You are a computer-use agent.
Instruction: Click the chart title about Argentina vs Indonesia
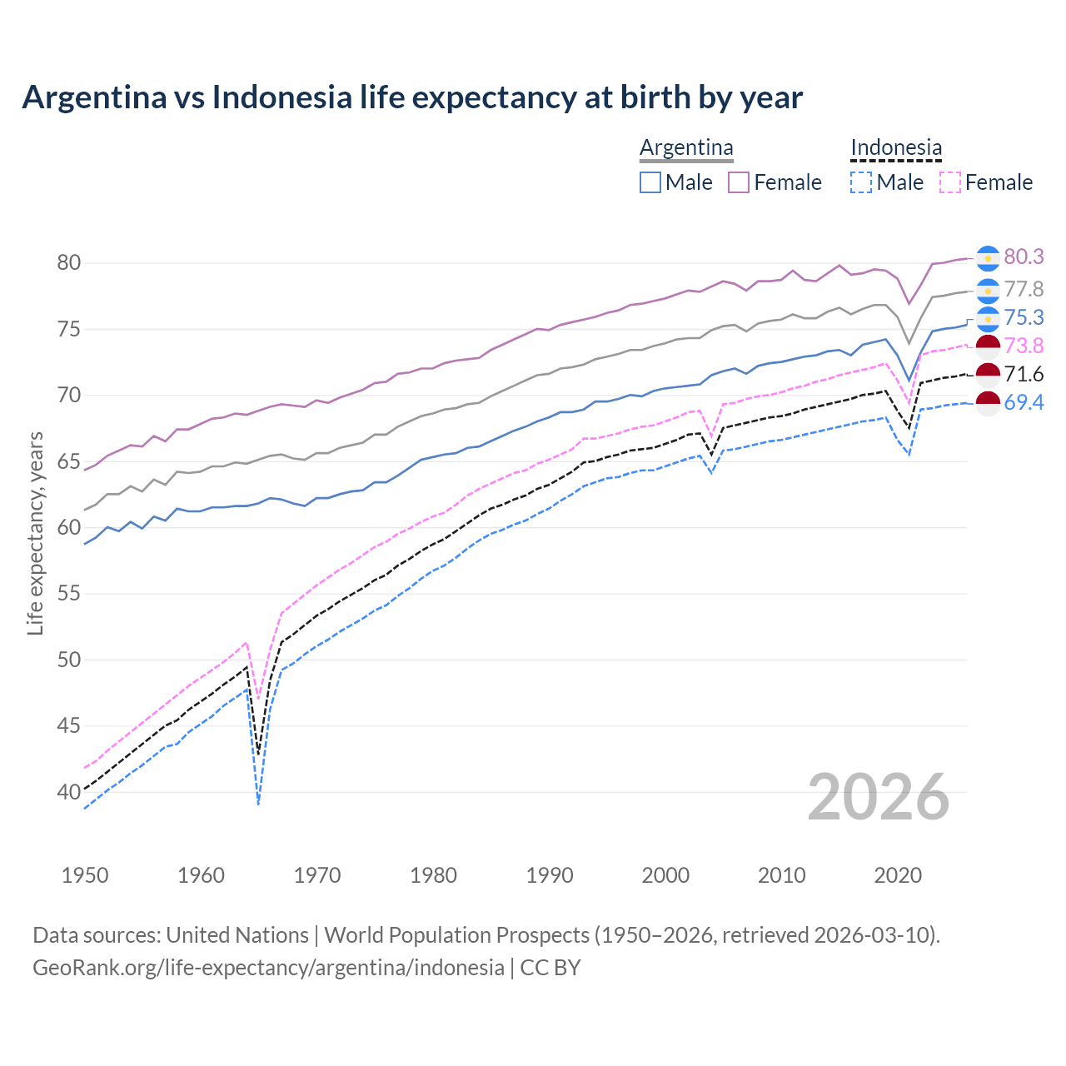pyautogui.click(x=412, y=97)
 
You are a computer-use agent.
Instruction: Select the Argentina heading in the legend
pyautogui.click(x=686, y=148)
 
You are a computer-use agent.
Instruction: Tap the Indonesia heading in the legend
pyautogui.click(x=896, y=148)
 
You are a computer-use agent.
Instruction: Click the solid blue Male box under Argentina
pyautogui.click(x=650, y=182)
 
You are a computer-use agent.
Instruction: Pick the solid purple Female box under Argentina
pyautogui.click(x=739, y=182)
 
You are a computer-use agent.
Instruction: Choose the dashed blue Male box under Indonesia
pyautogui.click(x=861, y=182)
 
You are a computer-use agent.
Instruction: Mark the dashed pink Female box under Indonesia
pyautogui.click(x=949, y=182)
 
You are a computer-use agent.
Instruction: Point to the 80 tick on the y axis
pyautogui.click(x=69, y=263)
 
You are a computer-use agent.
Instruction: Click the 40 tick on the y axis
pyautogui.click(x=69, y=792)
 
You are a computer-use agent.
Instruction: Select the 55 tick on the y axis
pyautogui.click(x=69, y=594)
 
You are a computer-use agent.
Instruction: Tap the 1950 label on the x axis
pyautogui.click(x=85, y=875)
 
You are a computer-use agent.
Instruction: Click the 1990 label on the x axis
pyautogui.click(x=550, y=875)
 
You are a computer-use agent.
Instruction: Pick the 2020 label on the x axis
pyautogui.click(x=898, y=875)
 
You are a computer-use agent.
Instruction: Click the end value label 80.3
pyautogui.click(x=1024, y=257)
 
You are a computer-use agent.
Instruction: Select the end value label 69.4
pyautogui.click(x=1024, y=403)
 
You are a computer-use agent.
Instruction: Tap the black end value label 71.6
pyautogui.click(x=1024, y=375)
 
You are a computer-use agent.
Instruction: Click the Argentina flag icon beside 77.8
pyautogui.click(x=988, y=291)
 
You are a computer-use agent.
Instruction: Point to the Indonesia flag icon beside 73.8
pyautogui.click(x=988, y=346)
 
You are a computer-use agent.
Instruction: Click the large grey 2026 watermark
pyautogui.click(x=879, y=797)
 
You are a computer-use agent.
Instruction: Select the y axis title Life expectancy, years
pyautogui.click(x=35, y=533)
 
